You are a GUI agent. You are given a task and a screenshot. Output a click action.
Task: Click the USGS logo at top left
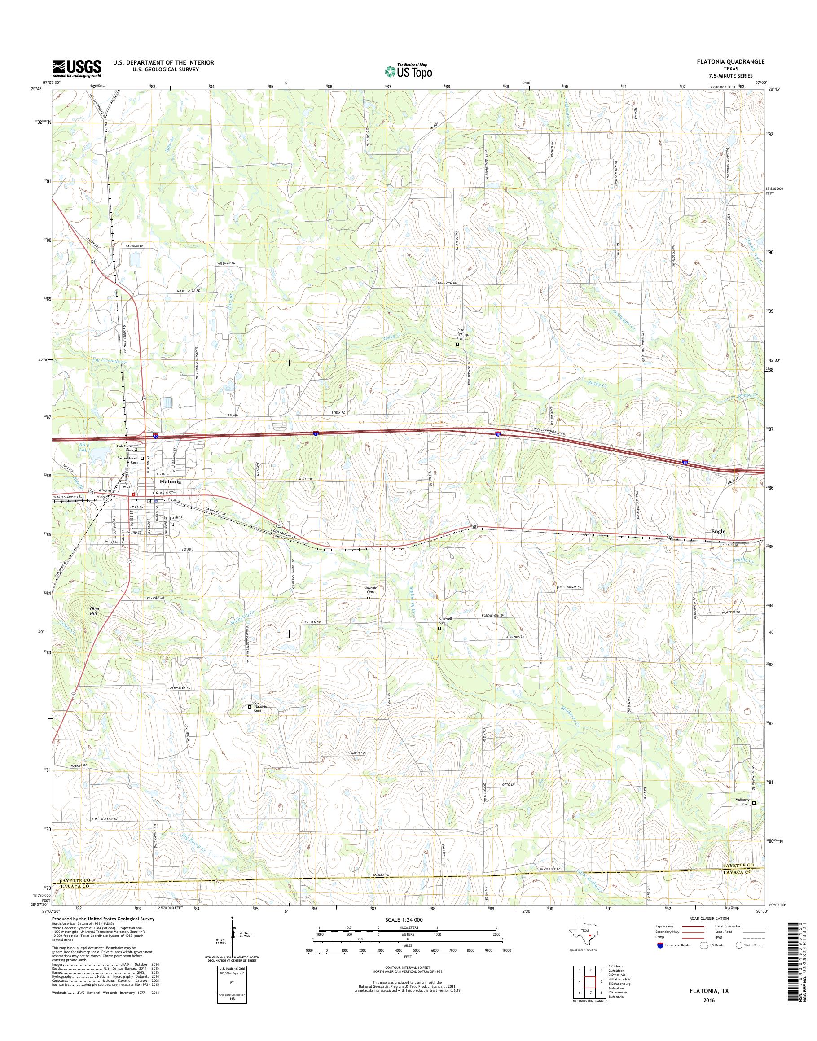[76, 68]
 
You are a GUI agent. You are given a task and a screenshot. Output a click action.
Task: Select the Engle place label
[717, 531]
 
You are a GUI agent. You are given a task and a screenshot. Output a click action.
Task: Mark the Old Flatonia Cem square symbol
[250, 707]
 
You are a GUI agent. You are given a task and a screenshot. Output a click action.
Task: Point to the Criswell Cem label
[445, 620]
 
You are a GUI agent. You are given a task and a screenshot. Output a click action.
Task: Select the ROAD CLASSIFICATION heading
[709, 919]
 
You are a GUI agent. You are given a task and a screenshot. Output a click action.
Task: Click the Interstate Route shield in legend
[660, 945]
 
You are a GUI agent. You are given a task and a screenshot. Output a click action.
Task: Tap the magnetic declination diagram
[233, 936]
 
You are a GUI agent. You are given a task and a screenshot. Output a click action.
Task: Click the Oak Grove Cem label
[125, 448]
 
